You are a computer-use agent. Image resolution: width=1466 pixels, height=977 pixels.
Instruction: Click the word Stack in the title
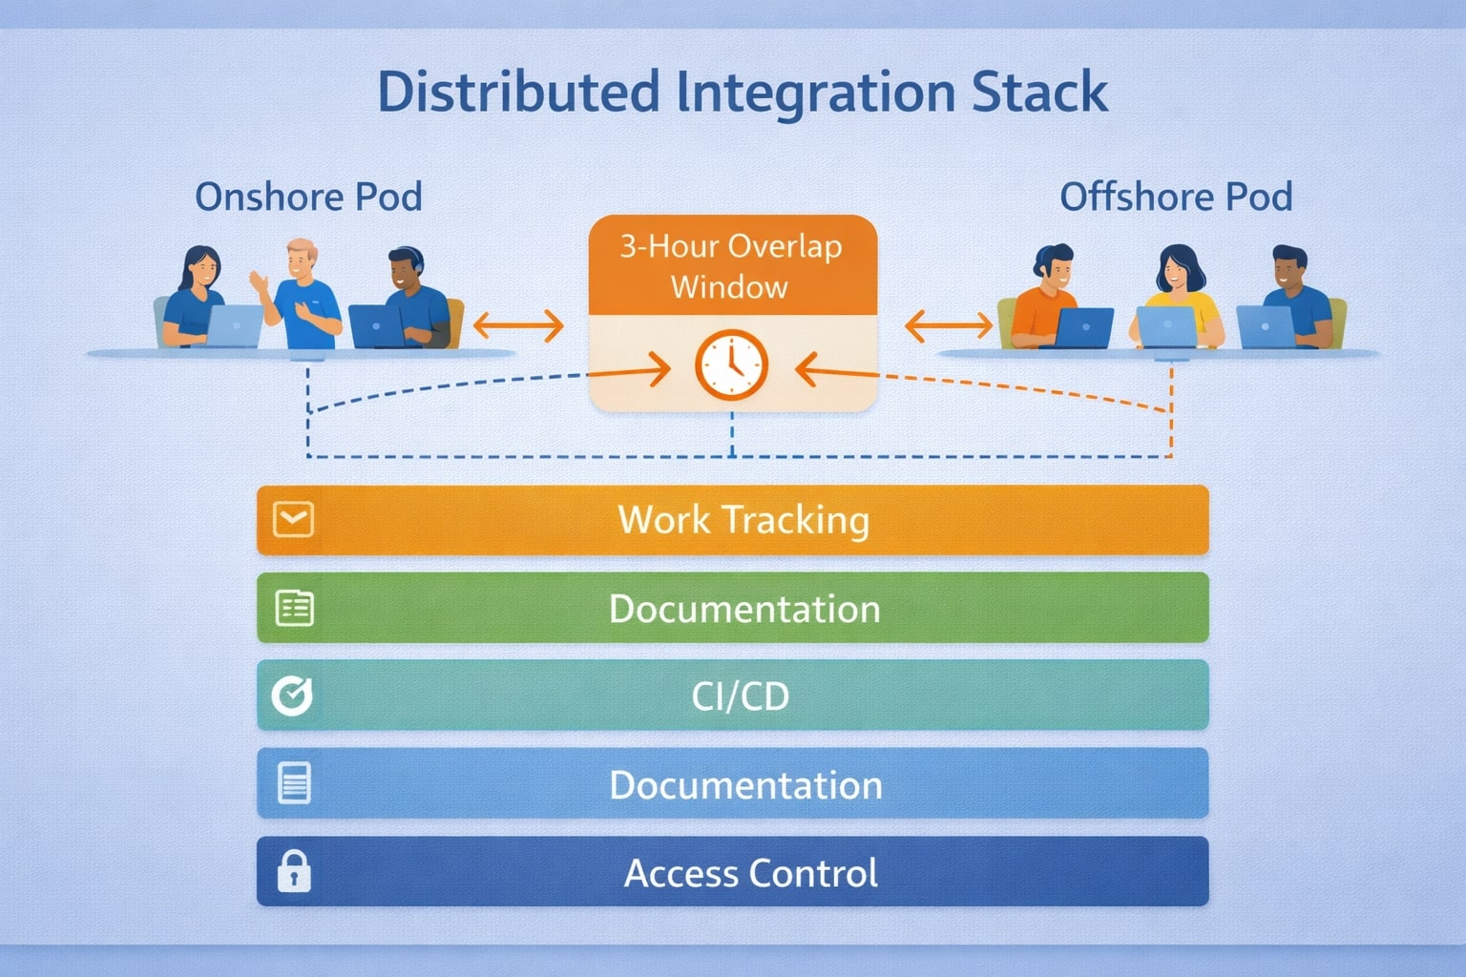tap(1039, 93)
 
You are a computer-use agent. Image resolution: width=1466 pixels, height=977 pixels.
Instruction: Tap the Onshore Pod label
tap(308, 197)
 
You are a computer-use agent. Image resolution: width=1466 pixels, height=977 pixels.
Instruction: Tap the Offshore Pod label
tap(1176, 197)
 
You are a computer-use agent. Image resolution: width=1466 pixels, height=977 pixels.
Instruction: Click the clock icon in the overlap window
tap(731, 364)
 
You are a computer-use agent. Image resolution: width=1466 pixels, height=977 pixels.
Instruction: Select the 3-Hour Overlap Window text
tap(731, 266)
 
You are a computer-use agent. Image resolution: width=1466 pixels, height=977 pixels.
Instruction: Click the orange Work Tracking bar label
tap(743, 520)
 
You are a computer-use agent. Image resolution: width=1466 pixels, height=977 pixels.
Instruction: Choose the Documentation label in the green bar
tap(744, 609)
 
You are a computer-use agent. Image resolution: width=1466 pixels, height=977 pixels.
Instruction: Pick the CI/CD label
tap(741, 696)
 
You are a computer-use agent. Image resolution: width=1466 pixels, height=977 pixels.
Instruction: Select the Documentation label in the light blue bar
tap(745, 785)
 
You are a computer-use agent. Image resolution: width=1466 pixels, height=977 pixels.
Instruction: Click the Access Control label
tap(751, 873)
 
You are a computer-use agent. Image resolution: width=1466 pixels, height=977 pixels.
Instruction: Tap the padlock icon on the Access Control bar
tap(293, 871)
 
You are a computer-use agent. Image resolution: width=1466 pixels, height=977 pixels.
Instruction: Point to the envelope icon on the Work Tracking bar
tap(293, 520)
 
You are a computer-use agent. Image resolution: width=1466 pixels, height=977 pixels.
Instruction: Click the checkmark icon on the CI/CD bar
tap(292, 696)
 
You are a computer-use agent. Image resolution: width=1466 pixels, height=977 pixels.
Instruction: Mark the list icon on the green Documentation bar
tap(294, 608)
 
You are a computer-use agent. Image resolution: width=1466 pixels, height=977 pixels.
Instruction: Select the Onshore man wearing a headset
tap(412, 296)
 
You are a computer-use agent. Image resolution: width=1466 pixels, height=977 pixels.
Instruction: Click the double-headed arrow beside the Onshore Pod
tap(518, 326)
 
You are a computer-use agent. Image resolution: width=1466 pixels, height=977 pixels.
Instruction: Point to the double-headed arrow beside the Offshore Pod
tap(949, 326)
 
